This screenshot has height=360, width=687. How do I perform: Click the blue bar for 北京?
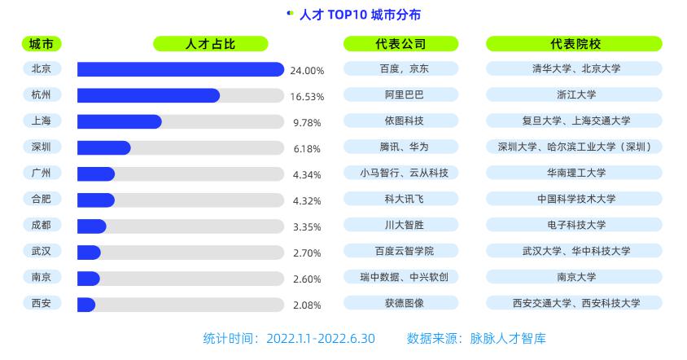coord(180,69)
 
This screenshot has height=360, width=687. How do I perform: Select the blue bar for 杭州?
coord(148,95)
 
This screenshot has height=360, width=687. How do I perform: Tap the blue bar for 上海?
coord(119,121)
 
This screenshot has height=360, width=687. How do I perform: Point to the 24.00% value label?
coord(307,71)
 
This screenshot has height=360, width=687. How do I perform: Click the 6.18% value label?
coord(307,149)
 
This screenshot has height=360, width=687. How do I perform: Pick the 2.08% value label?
coord(307,305)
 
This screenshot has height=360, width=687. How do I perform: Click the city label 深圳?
coord(41,147)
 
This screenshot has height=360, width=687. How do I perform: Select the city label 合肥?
coord(41,200)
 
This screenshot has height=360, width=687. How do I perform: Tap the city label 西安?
coord(41,304)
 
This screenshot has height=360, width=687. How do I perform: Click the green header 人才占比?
coord(210,44)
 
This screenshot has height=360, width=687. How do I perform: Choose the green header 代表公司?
coord(400,44)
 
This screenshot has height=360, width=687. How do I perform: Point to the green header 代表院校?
coord(574,44)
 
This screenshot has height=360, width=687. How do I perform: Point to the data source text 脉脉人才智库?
coord(508,338)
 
